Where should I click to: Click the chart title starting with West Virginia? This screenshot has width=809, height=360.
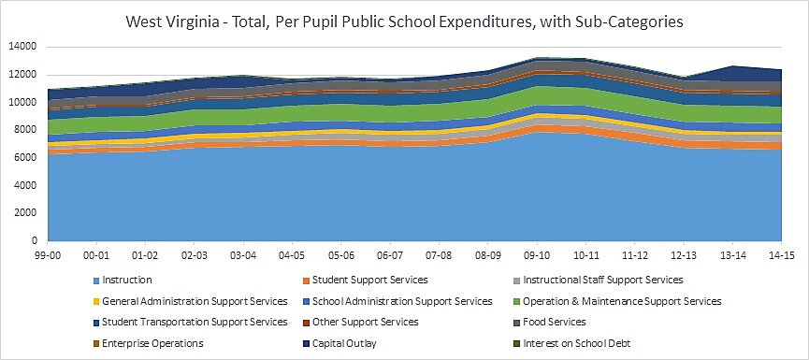[404, 20]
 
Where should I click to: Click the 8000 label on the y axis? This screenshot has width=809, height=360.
[22, 130]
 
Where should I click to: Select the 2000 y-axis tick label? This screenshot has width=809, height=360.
[22, 213]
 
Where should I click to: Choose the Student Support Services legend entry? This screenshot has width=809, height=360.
[369, 280]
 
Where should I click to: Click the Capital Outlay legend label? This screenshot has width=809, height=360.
[344, 343]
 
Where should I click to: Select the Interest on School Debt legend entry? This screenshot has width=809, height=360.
[577, 343]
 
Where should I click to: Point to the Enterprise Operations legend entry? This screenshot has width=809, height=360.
[152, 343]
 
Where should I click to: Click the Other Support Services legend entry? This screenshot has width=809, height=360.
[365, 322]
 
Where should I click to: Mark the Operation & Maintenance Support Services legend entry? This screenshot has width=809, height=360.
[622, 301]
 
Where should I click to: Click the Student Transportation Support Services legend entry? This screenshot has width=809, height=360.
[194, 322]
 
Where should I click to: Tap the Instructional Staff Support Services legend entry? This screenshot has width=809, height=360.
[603, 280]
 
